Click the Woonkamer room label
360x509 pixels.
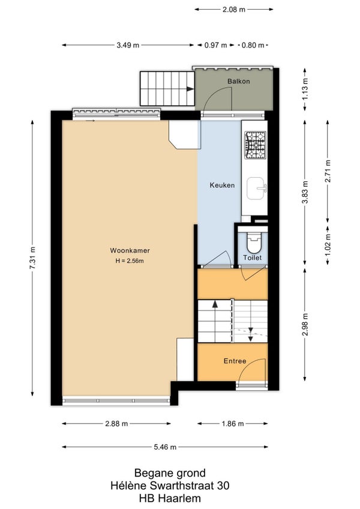click(130, 250)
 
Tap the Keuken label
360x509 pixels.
click(222, 185)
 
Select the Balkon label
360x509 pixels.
click(239, 81)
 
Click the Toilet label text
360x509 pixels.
click(252, 258)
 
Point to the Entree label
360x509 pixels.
click(235, 361)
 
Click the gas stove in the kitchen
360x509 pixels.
click(255, 145)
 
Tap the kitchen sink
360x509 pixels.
click(256, 188)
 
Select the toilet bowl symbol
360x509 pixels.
click(254, 243)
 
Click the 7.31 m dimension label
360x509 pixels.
click(32, 258)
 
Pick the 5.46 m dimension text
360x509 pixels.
click(165, 447)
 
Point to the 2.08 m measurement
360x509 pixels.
click(234, 10)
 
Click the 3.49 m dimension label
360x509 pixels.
click(128, 45)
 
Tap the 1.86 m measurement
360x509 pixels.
click(232, 424)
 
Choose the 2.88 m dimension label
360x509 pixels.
click(116, 424)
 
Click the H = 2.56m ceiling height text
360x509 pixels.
click(130, 261)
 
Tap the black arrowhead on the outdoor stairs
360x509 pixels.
click(190, 89)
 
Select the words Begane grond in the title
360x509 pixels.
click(170, 473)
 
